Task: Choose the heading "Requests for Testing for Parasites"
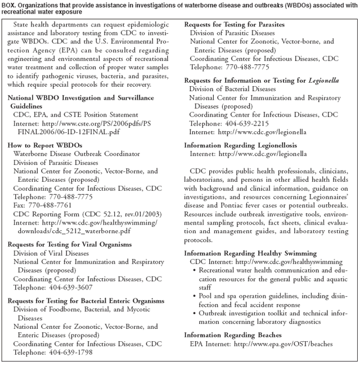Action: (x=234, y=25)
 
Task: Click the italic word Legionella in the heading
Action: (x=323, y=81)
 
